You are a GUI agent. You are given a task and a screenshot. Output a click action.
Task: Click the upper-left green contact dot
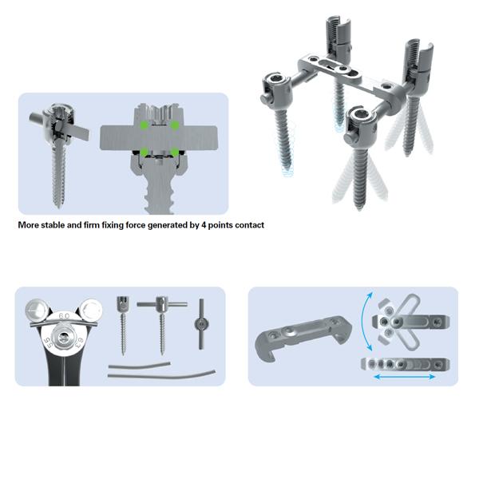click(x=144, y=125)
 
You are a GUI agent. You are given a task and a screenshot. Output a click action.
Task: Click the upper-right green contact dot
click(x=174, y=125)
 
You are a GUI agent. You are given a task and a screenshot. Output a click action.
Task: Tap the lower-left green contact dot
click(x=144, y=152)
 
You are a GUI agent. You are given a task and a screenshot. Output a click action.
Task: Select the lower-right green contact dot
click(x=174, y=152)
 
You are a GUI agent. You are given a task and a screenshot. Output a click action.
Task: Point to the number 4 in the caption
click(x=204, y=225)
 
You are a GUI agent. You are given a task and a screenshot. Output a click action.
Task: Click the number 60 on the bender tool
click(x=64, y=316)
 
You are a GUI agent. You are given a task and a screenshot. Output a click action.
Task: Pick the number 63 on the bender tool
click(x=79, y=342)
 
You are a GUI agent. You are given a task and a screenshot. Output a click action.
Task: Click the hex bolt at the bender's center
click(x=64, y=337)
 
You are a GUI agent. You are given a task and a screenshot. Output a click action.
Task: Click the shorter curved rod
click(x=139, y=366)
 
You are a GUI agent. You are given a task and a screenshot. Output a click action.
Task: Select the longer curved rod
click(x=161, y=375)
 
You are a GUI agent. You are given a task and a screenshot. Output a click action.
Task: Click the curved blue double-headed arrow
click(x=363, y=321)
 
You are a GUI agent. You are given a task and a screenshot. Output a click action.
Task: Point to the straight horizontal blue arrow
click(x=404, y=377)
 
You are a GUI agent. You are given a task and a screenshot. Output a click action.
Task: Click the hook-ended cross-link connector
click(x=303, y=335)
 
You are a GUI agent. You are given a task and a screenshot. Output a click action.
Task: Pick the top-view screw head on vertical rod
click(x=201, y=324)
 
